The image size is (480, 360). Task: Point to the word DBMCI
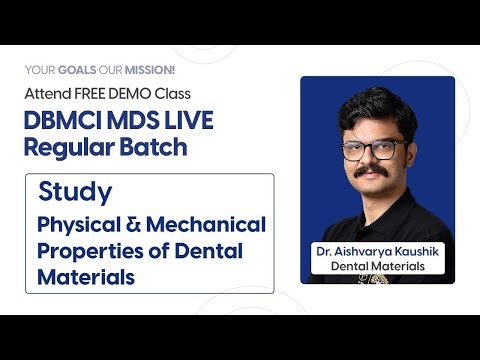click(x=61, y=120)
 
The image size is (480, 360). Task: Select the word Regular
click(x=67, y=146)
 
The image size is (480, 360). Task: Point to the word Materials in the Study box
click(x=86, y=277)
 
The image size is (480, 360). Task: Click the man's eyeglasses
click(x=374, y=151)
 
